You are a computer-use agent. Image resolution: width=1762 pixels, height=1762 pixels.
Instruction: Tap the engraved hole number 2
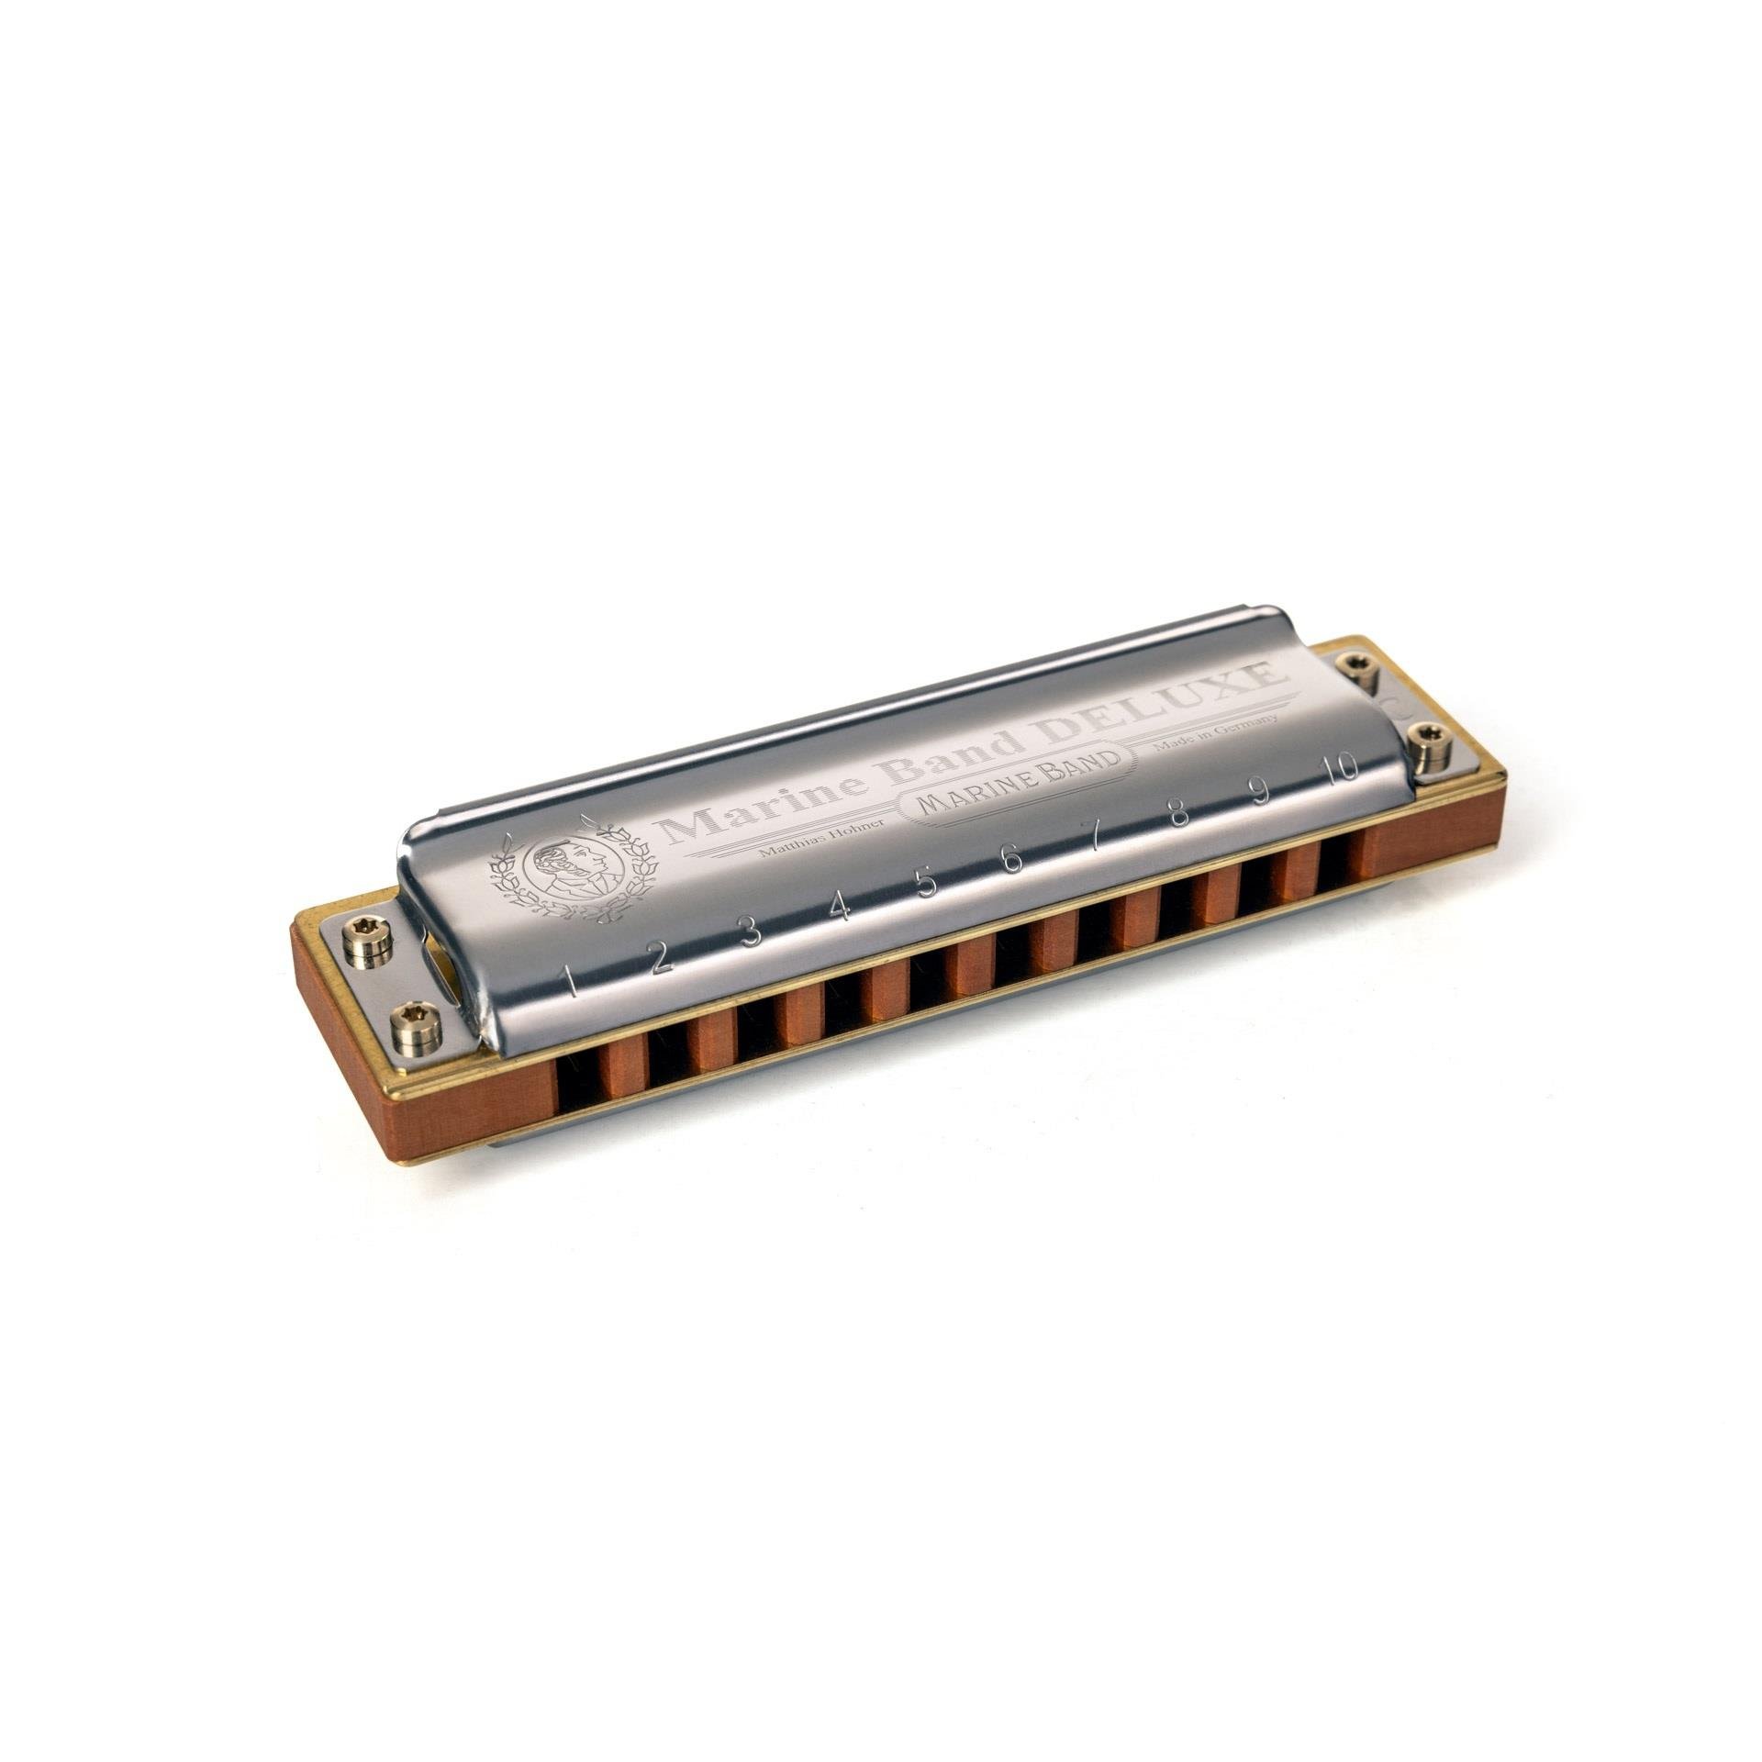click(660, 960)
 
